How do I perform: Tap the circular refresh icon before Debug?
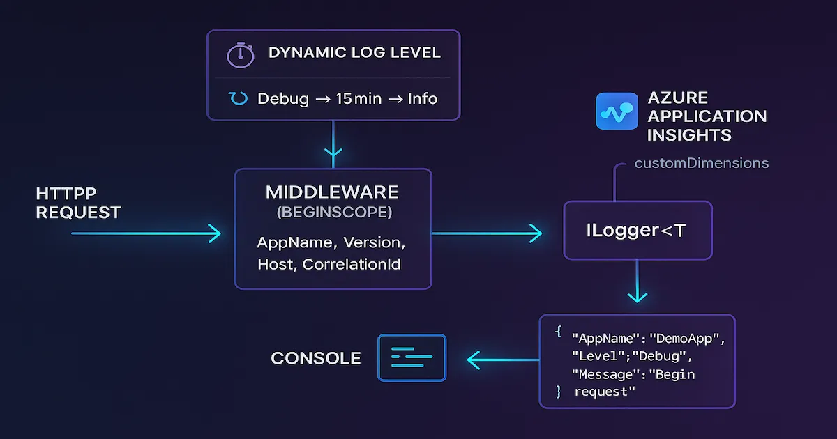tap(239, 98)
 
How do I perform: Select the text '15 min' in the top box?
tap(359, 98)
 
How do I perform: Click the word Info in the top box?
tap(422, 98)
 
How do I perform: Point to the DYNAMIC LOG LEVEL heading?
tap(354, 54)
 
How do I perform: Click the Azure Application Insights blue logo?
tap(617, 111)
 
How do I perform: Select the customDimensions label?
tap(702, 163)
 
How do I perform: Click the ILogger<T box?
tap(638, 231)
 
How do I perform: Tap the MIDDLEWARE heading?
tap(332, 192)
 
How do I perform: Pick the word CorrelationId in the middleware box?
tap(352, 264)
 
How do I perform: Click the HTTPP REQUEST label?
tap(78, 202)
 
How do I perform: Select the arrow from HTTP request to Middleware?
tap(146, 233)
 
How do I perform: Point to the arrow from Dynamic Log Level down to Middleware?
tap(333, 143)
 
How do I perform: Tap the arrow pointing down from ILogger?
tap(638, 282)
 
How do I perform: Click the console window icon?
tap(412, 358)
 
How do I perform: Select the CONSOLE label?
tap(316, 358)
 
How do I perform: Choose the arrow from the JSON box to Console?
tap(502, 360)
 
